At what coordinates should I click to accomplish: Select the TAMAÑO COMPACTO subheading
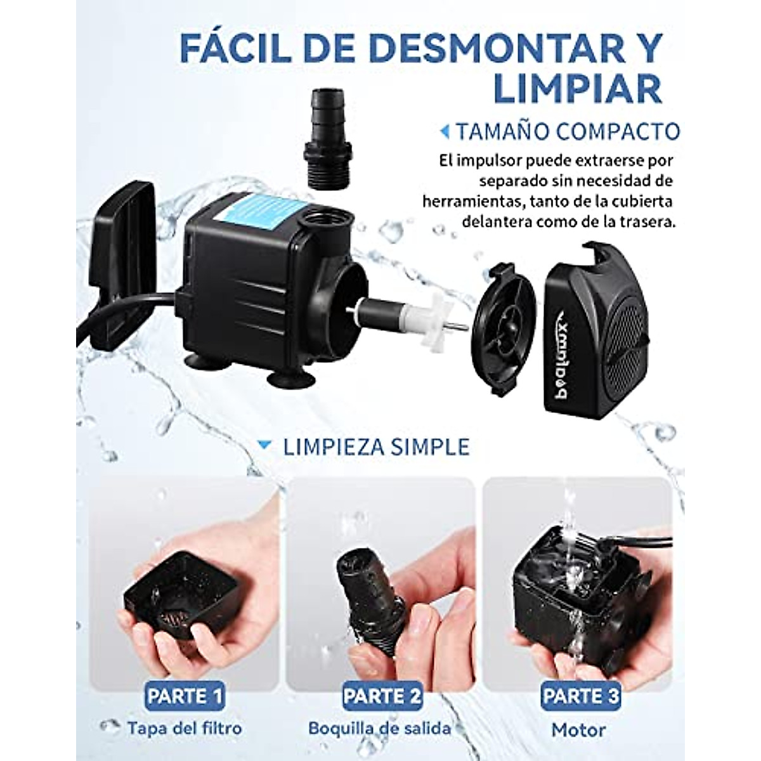point(568,131)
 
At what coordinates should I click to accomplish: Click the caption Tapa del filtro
point(184,727)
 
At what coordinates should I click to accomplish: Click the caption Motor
point(578,730)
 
